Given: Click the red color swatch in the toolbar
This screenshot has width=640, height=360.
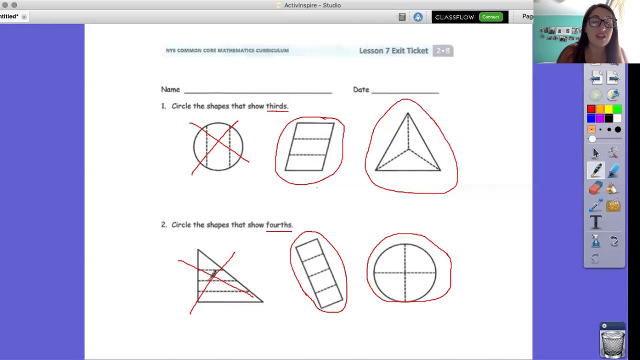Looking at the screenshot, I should (x=591, y=109).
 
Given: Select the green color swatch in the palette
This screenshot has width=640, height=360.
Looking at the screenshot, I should (x=617, y=109).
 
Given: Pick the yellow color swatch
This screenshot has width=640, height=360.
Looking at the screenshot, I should (x=608, y=109).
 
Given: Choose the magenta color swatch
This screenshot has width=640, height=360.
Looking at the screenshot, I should (x=600, y=118).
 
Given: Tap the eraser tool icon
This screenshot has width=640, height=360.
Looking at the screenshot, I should (x=595, y=188).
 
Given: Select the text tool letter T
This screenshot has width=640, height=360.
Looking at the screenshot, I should (x=595, y=223).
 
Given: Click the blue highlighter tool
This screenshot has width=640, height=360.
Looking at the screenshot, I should (x=613, y=171).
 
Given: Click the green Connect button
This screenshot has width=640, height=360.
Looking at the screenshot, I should (x=490, y=17).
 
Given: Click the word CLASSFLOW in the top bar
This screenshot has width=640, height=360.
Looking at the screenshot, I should (x=454, y=17).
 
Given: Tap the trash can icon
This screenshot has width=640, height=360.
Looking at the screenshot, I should (x=612, y=341).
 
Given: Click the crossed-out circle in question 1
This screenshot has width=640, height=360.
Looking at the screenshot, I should (x=218, y=146).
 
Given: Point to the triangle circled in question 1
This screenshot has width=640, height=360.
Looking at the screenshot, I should (x=408, y=145).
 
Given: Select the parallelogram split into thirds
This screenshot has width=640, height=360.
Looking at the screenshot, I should (x=310, y=147).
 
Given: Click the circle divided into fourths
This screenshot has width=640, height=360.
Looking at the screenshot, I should (x=405, y=272).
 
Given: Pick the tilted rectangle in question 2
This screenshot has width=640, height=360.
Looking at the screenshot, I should (x=319, y=273).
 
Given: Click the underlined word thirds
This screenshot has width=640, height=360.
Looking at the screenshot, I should (x=276, y=106).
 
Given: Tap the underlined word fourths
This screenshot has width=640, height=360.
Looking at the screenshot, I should (x=278, y=225).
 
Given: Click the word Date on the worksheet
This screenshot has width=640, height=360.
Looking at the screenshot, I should (x=361, y=89).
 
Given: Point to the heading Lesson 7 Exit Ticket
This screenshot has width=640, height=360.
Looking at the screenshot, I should (x=393, y=50).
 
